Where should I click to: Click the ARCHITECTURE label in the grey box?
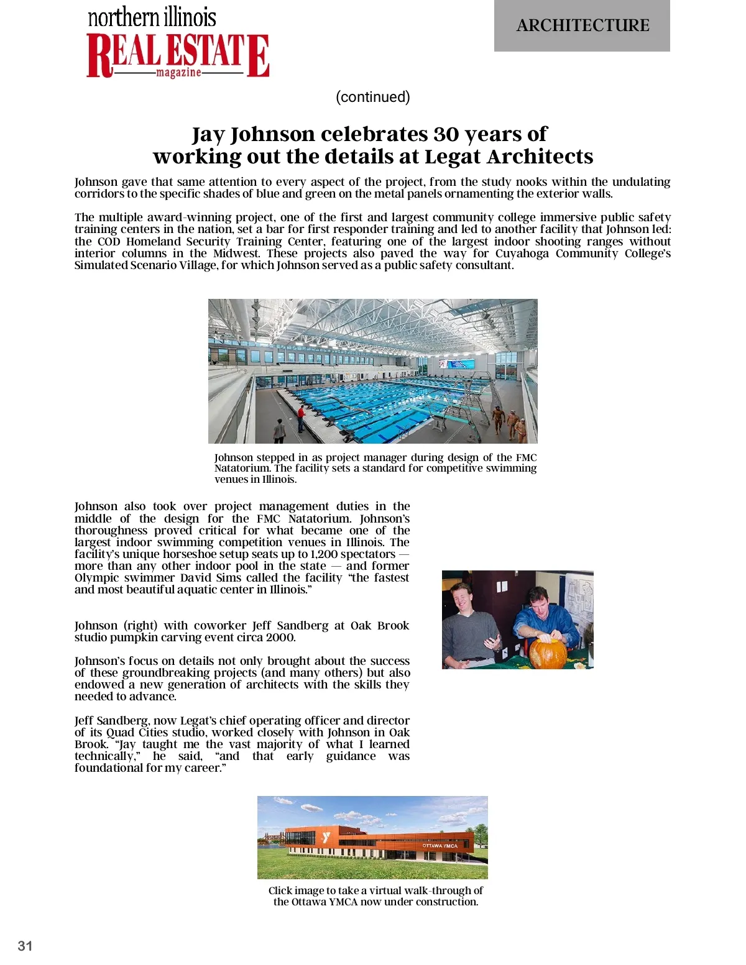[583, 25]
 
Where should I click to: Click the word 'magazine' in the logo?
[178, 73]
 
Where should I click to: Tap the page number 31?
[25, 946]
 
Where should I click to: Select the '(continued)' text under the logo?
[373, 97]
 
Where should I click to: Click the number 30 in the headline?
[446, 134]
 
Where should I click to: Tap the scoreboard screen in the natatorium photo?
[456, 364]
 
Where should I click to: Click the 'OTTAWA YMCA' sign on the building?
[440, 846]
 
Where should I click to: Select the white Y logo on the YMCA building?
[326, 838]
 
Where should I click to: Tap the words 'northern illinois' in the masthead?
[152, 17]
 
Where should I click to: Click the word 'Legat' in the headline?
[453, 157]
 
